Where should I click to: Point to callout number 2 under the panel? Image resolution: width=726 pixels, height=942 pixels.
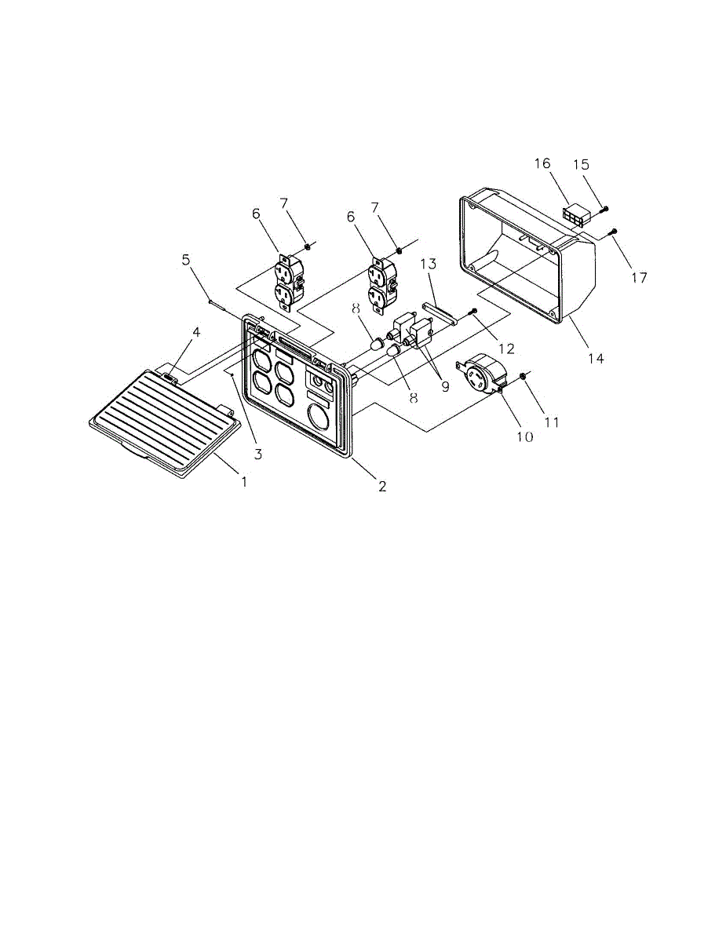[382, 487]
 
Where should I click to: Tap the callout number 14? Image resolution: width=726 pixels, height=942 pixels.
[596, 358]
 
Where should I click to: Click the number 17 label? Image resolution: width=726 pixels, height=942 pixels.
[640, 278]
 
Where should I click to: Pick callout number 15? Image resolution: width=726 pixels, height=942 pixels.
[603, 165]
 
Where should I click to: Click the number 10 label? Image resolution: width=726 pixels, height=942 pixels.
[524, 436]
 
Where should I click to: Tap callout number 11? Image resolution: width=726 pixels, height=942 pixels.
[552, 422]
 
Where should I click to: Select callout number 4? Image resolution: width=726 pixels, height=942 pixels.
[197, 332]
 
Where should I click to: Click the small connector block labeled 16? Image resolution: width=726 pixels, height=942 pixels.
[575, 217]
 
